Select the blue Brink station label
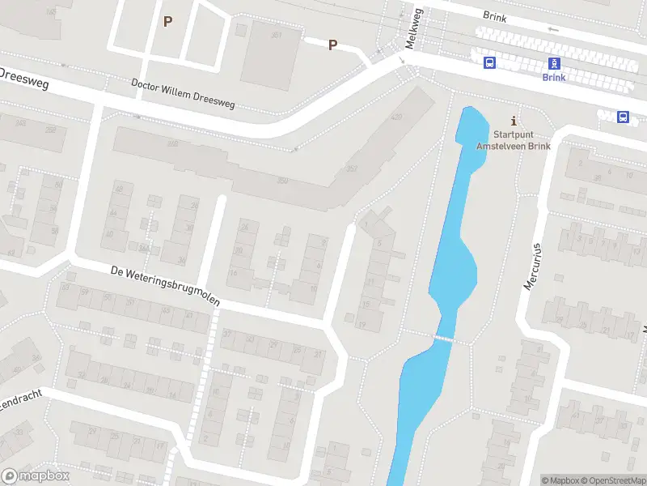coord(554,78)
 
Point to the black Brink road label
coord(495,15)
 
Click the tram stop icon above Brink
coord(554,63)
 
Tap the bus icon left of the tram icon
coord(489,63)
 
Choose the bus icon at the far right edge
coord(623,117)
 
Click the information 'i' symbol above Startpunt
coord(514,120)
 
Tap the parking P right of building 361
coord(332,45)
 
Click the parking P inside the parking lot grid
coord(167,22)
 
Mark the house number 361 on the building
coord(277,36)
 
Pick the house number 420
coord(396,117)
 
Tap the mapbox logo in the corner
coord(36,476)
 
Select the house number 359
coord(282,180)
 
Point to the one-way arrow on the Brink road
coord(553,29)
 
